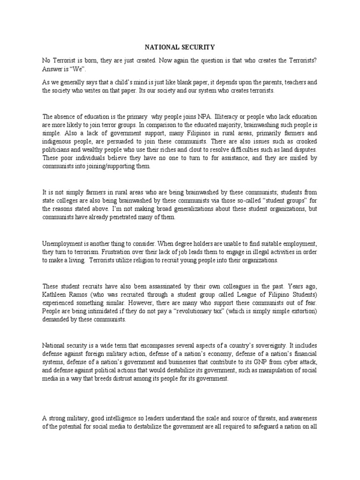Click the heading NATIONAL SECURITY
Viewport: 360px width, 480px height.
pos(180,47)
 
